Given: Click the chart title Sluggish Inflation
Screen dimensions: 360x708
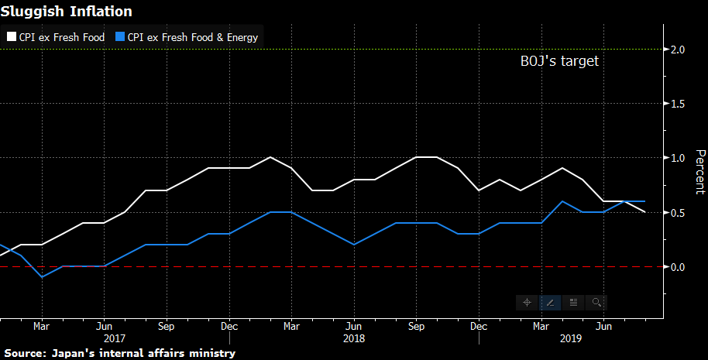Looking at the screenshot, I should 66,12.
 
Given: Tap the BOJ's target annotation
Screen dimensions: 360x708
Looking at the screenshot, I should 558,62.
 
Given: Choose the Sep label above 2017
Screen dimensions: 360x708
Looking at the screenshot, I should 166,327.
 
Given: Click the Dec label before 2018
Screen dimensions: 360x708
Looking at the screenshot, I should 229,327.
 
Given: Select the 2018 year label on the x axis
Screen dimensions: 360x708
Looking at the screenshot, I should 353,338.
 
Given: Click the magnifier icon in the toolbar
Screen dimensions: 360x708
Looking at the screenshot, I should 596,302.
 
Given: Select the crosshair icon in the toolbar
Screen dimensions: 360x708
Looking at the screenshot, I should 527,302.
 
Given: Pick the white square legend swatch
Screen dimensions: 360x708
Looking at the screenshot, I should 12,36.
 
